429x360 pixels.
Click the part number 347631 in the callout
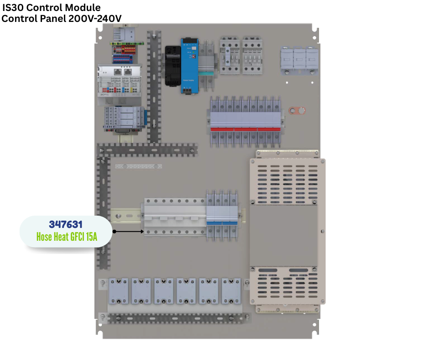click(x=65, y=225)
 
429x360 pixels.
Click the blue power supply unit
click(x=189, y=65)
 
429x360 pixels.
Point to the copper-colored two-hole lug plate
click(x=297, y=111)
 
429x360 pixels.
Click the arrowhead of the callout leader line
click(x=142, y=232)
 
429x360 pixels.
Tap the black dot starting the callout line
click(x=114, y=232)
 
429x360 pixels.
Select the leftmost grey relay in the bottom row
click(x=118, y=291)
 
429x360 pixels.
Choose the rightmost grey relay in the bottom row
click(x=231, y=291)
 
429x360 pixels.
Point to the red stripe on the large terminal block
click(x=246, y=129)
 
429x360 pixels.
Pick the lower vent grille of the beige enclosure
click(x=287, y=286)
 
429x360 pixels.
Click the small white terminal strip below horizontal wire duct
click(x=138, y=167)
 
